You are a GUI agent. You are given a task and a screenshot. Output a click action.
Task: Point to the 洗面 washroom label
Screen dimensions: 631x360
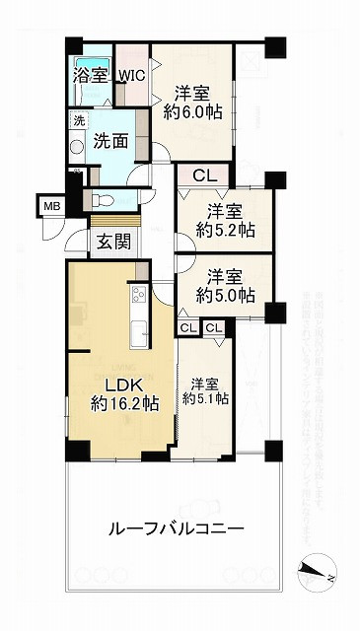(x=110, y=141)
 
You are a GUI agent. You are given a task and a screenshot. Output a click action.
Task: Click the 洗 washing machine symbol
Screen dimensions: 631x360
(x=78, y=121)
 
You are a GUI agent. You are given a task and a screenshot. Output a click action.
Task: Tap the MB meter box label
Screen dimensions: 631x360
(x=50, y=206)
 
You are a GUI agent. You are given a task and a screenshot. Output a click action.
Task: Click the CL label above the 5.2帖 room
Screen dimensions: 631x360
(x=204, y=176)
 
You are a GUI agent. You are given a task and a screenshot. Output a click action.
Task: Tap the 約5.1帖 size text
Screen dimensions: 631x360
(x=206, y=398)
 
